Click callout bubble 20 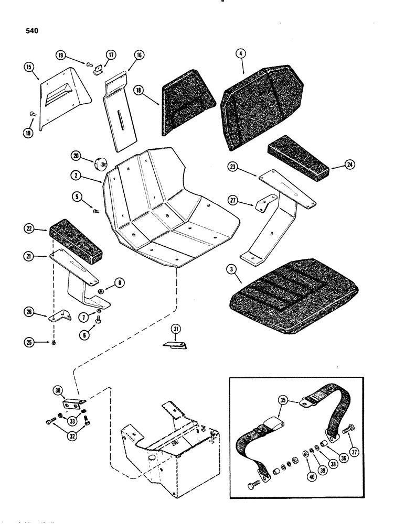[x=77, y=156]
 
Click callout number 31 [x=176, y=329]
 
